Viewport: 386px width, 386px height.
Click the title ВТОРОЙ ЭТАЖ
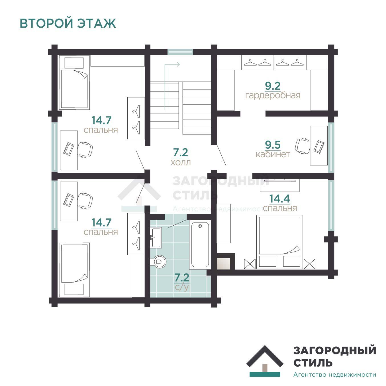click(x=68, y=23)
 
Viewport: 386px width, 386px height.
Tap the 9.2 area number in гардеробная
click(x=273, y=86)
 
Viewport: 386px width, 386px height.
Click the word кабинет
click(x=273, y=154)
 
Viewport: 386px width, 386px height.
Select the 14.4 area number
click(x=279, y=198)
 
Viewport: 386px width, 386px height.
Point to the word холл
click(x=181, y=163)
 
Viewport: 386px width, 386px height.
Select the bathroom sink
click(x=156, y=237)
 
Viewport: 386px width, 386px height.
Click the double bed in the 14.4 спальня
click(x=279, y=242)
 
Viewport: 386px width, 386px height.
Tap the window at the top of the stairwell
click(x=180, y=52)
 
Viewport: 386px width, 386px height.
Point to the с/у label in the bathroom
click(x=182, y=287)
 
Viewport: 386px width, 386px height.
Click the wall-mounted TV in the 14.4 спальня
click(x=279, y=180)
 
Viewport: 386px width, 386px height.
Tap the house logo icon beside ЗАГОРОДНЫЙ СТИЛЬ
click(x=265, y=361)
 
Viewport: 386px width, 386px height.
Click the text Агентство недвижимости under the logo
click(x=334, y=375)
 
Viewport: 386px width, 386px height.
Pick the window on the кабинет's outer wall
click(x=331, y=147)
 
